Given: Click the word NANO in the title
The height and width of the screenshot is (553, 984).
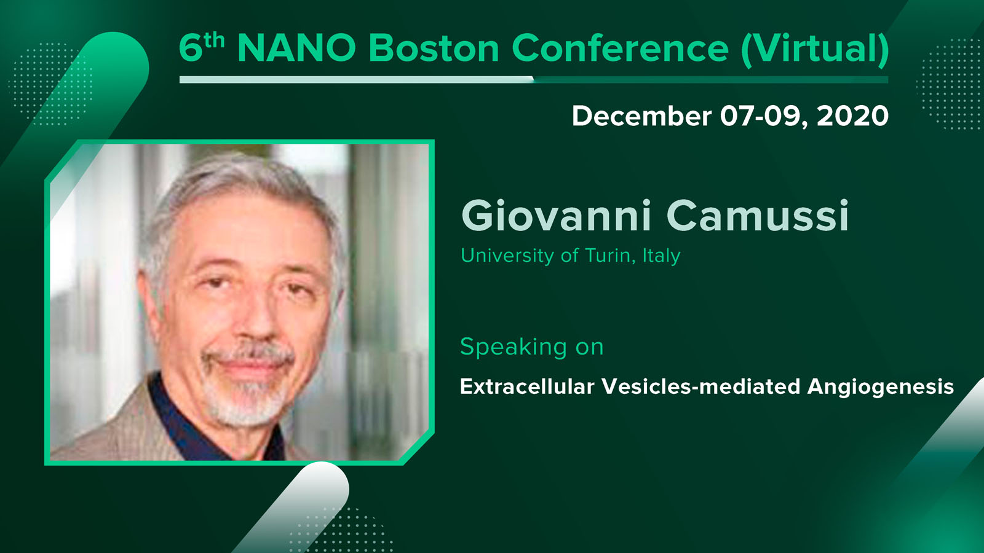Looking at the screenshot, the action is [x=296, y=48].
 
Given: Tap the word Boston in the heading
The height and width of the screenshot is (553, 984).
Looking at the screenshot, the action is [x=434, y=48].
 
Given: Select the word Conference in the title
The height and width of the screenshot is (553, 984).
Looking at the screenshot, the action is [x=620, y=48].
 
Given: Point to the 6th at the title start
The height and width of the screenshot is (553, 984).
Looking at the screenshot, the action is [x=202, y=47].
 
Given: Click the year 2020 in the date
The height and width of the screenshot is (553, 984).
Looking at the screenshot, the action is [x=852, y=116].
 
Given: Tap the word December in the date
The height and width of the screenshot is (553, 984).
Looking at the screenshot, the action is [x=642, y=116].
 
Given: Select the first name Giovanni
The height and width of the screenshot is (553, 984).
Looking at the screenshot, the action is [x=556, y=216].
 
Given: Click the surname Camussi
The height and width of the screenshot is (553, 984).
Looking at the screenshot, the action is [x=758, y=216].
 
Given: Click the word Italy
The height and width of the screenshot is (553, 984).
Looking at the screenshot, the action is [x=662, y=256].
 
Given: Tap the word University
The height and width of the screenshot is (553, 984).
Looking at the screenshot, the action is [x=507, y=256].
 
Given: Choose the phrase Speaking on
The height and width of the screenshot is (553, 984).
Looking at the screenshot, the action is [x=532, y=347].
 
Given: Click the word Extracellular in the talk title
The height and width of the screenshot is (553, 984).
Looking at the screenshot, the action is [x=527, y=386].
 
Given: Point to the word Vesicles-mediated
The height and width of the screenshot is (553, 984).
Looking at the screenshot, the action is [x=701, y=386].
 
